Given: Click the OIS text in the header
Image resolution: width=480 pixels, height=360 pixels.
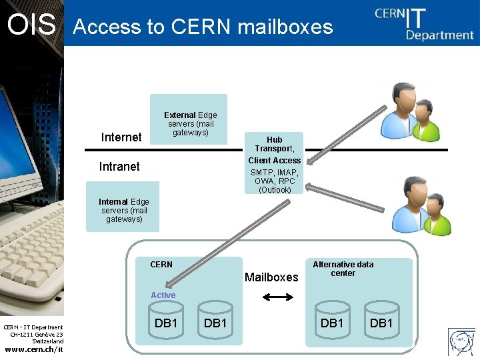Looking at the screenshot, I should (x=31, y=25).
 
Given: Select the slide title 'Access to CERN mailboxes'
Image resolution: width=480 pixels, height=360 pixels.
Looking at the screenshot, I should (x=203, y=27).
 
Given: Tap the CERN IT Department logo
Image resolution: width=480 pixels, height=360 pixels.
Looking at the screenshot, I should (x=423, y=23).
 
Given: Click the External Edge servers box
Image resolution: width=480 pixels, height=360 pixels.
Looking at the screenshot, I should (x=189, y=119).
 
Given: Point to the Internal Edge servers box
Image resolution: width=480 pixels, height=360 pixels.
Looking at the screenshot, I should (x=123, y=207).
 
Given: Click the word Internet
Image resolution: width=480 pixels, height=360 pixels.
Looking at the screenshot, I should (x=121, y=137).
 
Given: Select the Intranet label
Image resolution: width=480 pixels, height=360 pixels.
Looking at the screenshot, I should (x=119, y=167).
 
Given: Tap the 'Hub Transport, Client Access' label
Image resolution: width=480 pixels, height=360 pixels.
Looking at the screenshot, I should (x=274, y=150).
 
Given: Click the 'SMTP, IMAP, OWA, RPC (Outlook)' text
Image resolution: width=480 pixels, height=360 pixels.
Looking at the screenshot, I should (x=274, y=181).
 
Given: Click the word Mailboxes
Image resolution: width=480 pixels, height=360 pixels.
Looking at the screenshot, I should (x=271, y=277).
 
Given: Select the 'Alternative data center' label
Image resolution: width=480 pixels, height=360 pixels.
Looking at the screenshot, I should (x=343, y=269).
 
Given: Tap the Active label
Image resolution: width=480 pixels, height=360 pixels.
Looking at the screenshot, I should (x=163, y=295).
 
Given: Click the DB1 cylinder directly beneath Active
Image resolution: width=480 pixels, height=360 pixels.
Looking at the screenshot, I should (x=165, y=322).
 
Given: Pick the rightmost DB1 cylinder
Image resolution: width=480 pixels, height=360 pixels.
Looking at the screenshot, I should (x=381, y=322).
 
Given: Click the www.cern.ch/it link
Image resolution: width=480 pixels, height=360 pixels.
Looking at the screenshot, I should (x=34, y=350).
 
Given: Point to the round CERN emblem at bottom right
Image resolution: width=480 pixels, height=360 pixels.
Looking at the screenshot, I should (x=462, y=343).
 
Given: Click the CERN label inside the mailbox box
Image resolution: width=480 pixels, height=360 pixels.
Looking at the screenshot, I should (x=161, y=265).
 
